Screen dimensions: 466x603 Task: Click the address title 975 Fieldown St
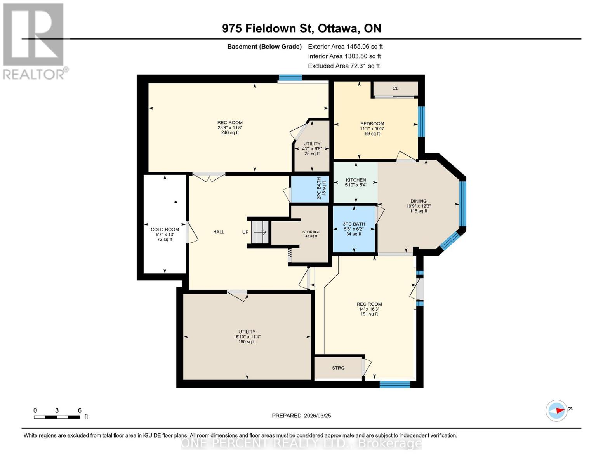pos(301,28)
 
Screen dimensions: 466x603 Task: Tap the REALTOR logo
pos(34,41)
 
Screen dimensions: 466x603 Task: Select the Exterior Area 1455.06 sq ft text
pos(345,47)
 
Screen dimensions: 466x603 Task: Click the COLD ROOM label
pos(165,230)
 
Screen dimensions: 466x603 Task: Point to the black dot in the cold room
pos(176,202)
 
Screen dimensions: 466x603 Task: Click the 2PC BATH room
pos(309,189)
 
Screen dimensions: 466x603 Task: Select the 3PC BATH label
pos(354,224)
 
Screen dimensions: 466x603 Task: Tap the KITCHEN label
pos(356,180)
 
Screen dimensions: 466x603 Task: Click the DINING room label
pos(418,201)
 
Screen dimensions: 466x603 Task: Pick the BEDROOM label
pos(372,123)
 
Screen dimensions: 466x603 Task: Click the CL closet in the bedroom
pos(395,89)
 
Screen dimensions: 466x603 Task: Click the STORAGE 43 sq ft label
pos(311,234)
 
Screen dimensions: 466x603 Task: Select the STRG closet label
pos(338,368)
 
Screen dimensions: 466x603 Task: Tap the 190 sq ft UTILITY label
pos(247,337)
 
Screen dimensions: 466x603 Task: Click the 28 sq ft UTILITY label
pos(312,148)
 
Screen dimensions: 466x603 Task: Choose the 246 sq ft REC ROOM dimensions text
pos(230,128)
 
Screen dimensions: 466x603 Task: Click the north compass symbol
pos(556,410)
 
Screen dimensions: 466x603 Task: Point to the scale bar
pos(57,417)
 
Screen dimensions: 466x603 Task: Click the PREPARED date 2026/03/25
pos(301,416)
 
